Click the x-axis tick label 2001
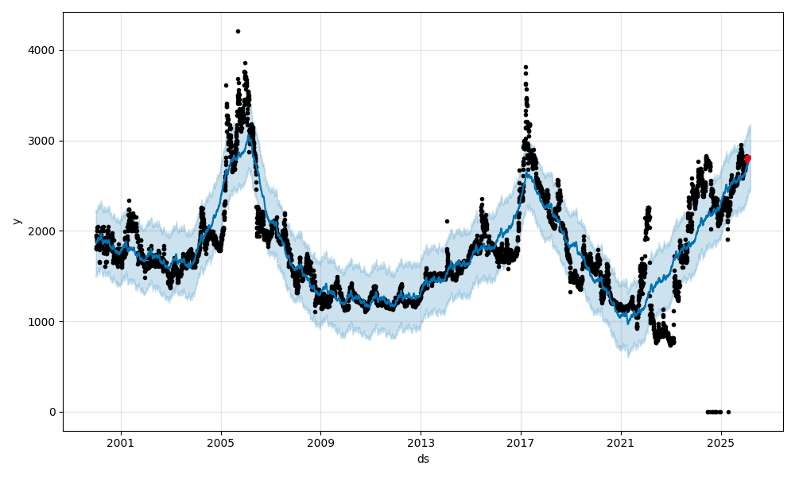(x=121, y=443)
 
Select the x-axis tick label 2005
(x=221, y=443)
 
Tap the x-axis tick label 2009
(x=320, y=443)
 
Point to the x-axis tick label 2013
(x=421, y=443)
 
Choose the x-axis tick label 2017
(x=521, y=443)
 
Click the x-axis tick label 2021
(x=621, y=443)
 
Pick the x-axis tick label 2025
(x=720, y=443)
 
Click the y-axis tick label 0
(x=52, y=412)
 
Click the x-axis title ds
(x=423, y=459)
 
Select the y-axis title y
(x=15, y=221)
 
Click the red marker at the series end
(x=747, y=158)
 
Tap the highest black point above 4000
(x=238, y=31)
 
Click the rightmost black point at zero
(x=728, y=412)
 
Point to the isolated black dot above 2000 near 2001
(x=129, y=200)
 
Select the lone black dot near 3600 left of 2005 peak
(x=226, y=85)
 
